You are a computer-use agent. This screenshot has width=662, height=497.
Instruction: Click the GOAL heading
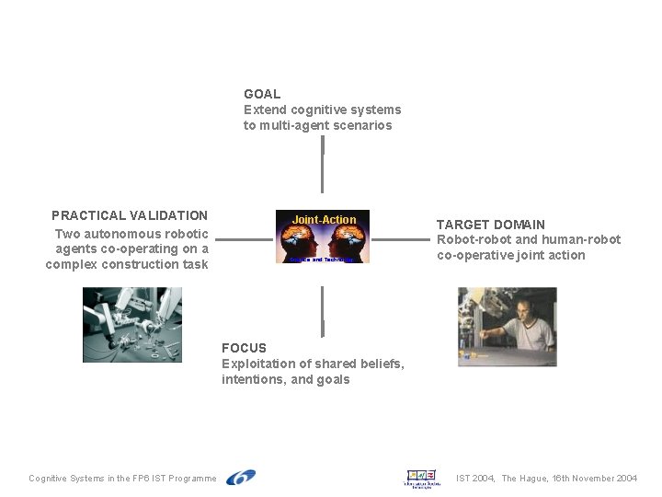coord(262,94)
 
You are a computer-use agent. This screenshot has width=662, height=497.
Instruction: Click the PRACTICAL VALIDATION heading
coord(130,215)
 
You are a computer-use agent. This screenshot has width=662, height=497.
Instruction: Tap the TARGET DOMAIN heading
coord(490,225)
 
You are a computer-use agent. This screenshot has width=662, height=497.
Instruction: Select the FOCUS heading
coord(244,348)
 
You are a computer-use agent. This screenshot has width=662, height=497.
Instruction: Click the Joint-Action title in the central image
coord(324,220)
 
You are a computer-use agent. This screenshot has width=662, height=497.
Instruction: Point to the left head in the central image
coord(302,242)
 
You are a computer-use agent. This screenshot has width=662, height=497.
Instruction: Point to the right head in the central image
coord(346,242)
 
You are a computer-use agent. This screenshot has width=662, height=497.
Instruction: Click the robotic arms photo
coord(132,324)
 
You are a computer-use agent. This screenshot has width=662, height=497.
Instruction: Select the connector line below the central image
coord(323,311)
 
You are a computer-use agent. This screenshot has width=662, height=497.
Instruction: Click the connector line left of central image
coord(244,240)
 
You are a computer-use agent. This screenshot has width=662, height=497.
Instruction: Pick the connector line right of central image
coord(401,240)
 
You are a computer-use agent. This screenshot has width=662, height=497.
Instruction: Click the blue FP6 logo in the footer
coord(241,477)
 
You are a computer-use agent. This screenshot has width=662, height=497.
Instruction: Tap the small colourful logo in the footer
coord(423,477)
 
